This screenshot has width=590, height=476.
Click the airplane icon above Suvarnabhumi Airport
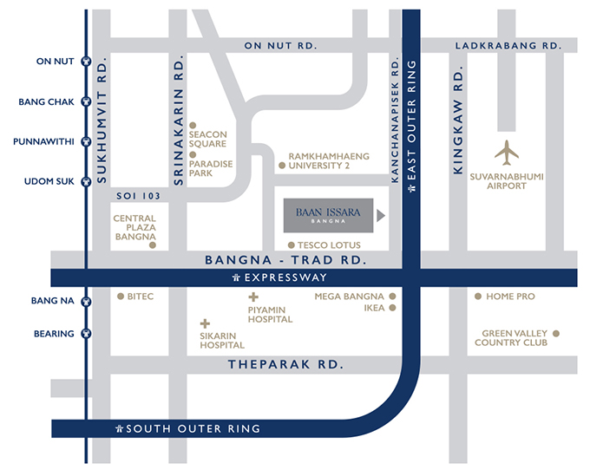(507, 153)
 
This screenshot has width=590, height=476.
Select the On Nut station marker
(86, 62)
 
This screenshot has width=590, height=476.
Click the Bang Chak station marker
(86, 101)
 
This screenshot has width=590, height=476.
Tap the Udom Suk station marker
(86, 181)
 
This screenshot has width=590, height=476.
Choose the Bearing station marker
(86, 334)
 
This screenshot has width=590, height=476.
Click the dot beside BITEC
(121, 297)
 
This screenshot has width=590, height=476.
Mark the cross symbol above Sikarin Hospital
(206, 323)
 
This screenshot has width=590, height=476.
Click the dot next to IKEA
(393, 307)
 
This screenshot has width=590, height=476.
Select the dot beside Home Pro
(477, 297)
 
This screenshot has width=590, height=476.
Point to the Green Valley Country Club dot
(556, 332)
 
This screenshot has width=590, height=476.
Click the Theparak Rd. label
(285, 365)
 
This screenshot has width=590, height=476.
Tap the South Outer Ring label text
(193, 429)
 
